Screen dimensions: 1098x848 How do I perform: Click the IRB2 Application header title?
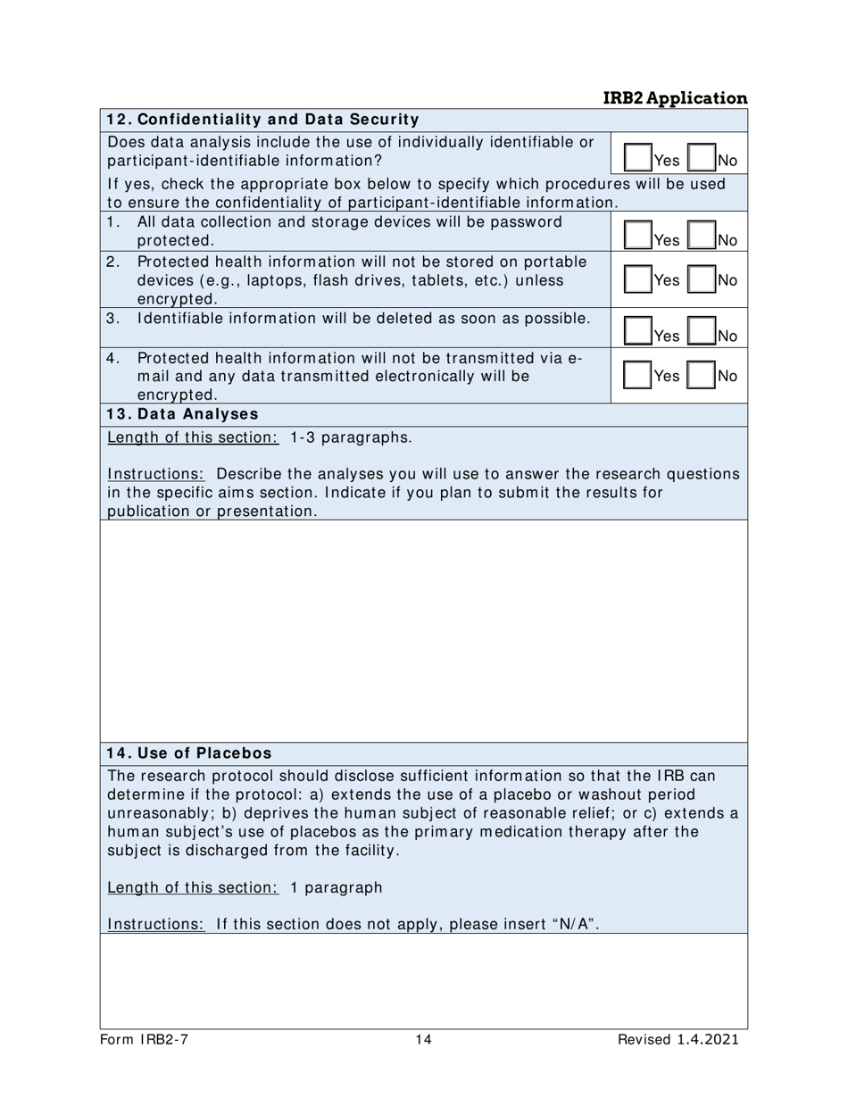(x=675, y=98)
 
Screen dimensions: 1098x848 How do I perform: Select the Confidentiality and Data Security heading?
(x=262, y=120)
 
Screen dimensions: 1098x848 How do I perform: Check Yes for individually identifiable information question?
(x=637, y=158)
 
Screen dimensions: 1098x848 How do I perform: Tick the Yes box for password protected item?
(x=637, y=237)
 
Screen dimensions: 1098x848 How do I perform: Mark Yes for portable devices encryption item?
(x=637, y=279)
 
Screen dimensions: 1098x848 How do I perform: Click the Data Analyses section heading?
(x=182, y=414)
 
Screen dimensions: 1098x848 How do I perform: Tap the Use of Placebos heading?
(x=188, y=753)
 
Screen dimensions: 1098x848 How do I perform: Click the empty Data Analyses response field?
(x=423, y=630)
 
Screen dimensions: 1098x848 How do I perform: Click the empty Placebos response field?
(x=423, y=980)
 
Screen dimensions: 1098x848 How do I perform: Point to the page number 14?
(x=423, y=1040)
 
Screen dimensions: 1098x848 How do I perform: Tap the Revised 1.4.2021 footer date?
(x=678, y=1040)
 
